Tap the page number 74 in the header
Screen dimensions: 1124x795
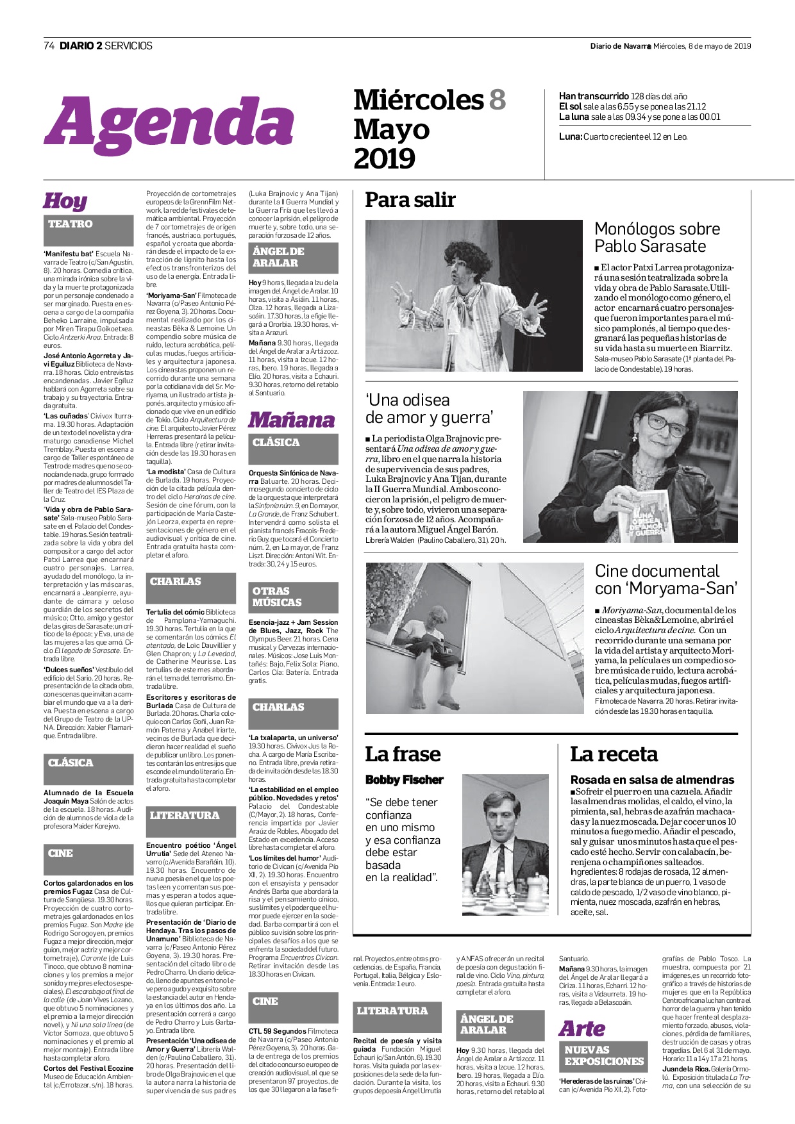pyautogui.click(x=49, y=45)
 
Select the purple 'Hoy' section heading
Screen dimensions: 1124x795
pyautogui.click(x=65, y=201)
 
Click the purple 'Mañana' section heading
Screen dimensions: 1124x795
pyautogui.click(x=291, y=420)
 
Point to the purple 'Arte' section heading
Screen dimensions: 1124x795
pyautogui.click(x=582, y=1029)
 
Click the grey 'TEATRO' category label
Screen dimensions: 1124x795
pyautogui.click(x=71, y=224)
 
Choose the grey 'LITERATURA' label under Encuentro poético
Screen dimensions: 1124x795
pyautogui.click(x=185, y=816)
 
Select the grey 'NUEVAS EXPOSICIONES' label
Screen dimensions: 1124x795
pyautogui.click(x=604, y=1055)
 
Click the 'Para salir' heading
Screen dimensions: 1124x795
pyautogui.click(x=410, y=201)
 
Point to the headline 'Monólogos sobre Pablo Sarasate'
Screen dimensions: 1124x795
pyautogui.click(x=657, y=237)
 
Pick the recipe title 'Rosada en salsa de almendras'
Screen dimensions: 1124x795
pyautogui.click(x=652, y=780)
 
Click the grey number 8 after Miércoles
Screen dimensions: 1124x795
pyautogui.click(x=498, y=100)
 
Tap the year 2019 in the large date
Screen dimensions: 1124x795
pyautogui.click(x=385, y=158)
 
